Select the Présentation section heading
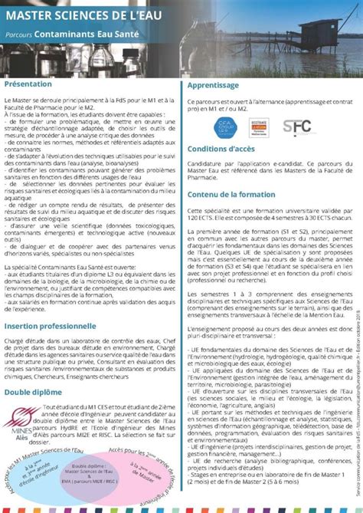(29, 83)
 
